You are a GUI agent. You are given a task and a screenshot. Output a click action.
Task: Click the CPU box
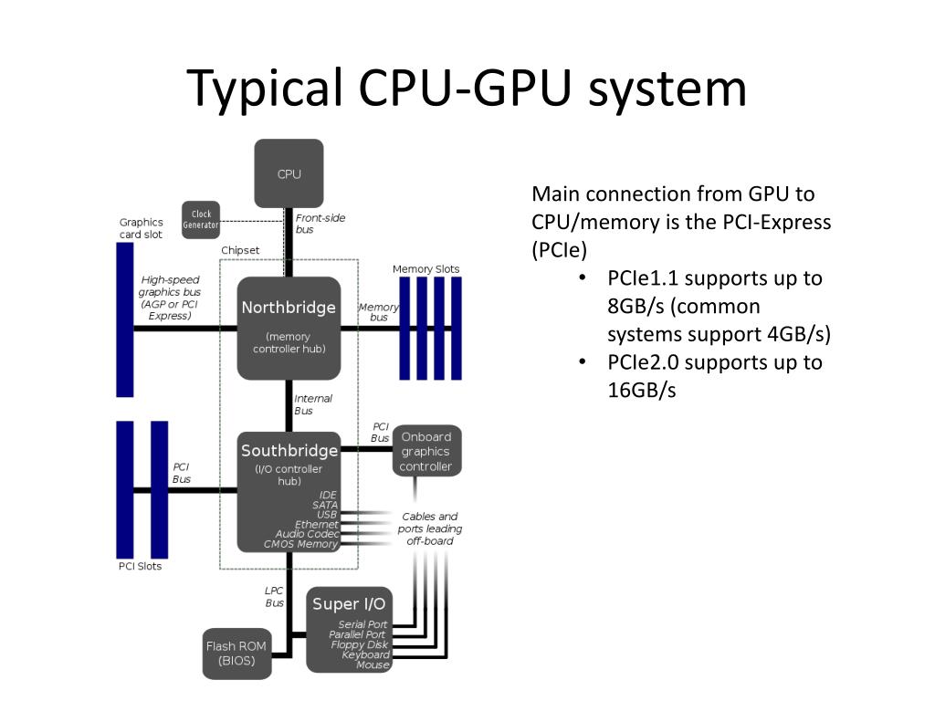(289, 173)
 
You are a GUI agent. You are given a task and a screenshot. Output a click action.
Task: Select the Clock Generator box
(201, 220)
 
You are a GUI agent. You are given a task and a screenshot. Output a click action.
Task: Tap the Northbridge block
(289, 329)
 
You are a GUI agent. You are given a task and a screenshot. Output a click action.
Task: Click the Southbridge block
(289, 492)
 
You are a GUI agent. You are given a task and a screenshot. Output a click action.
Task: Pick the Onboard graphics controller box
(426, 451)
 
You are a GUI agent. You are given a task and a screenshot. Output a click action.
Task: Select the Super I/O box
(350, 630)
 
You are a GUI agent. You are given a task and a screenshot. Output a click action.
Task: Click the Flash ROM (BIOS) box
(236, 654)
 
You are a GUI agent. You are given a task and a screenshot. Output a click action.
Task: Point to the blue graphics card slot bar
(124, 319)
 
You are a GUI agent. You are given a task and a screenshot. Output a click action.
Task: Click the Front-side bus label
(320, 224)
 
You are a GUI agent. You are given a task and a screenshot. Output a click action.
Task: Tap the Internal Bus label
(313, 404)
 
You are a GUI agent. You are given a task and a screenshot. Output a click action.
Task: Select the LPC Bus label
(274, 597)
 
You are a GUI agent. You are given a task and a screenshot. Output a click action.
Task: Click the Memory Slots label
(425, 269)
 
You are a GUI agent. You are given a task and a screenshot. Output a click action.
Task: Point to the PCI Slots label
(140, 566)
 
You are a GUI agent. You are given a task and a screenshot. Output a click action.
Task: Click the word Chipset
(240, 250)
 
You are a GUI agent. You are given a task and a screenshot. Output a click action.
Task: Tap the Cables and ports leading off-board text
(430, 528)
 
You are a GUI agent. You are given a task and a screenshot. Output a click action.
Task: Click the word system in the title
(667, 89)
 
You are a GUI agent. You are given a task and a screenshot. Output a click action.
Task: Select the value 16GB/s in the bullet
(642, 391)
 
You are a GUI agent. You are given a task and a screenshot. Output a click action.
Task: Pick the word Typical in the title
(265, 89)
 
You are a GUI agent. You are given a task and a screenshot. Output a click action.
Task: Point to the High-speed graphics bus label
(170, 298)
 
